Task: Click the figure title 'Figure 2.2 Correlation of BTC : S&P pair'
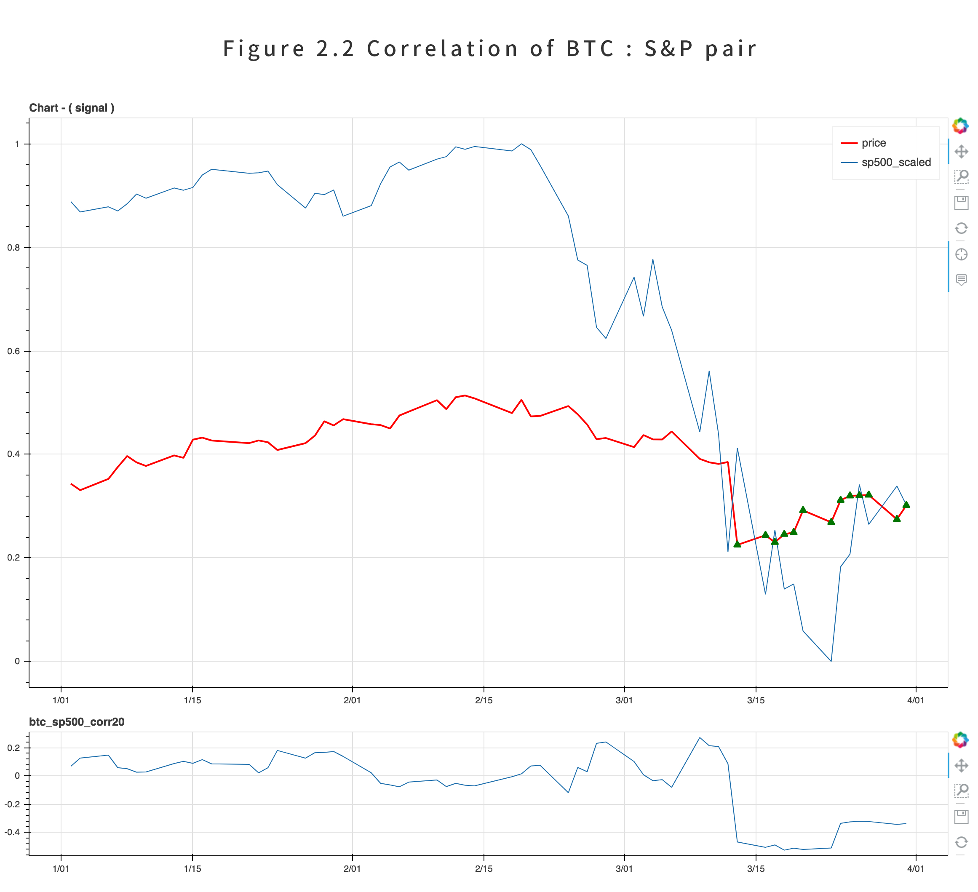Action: coord(489,49)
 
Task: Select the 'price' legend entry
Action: coord(873,143)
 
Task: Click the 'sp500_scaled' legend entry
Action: coord(895,163)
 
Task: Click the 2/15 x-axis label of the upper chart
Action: coord(484,700)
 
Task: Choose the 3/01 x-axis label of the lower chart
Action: coord(624,869)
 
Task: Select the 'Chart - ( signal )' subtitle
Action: coord(72,108)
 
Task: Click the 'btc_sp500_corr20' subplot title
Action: coord(77,722)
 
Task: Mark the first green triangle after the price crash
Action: coord(738,544)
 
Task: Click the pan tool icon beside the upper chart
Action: coord(961,152)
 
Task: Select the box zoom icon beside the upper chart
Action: coord(961,177)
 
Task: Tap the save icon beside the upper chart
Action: coord(961,203)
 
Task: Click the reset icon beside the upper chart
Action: coord(961,228)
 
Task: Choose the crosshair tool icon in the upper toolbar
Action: coord(961,254)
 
